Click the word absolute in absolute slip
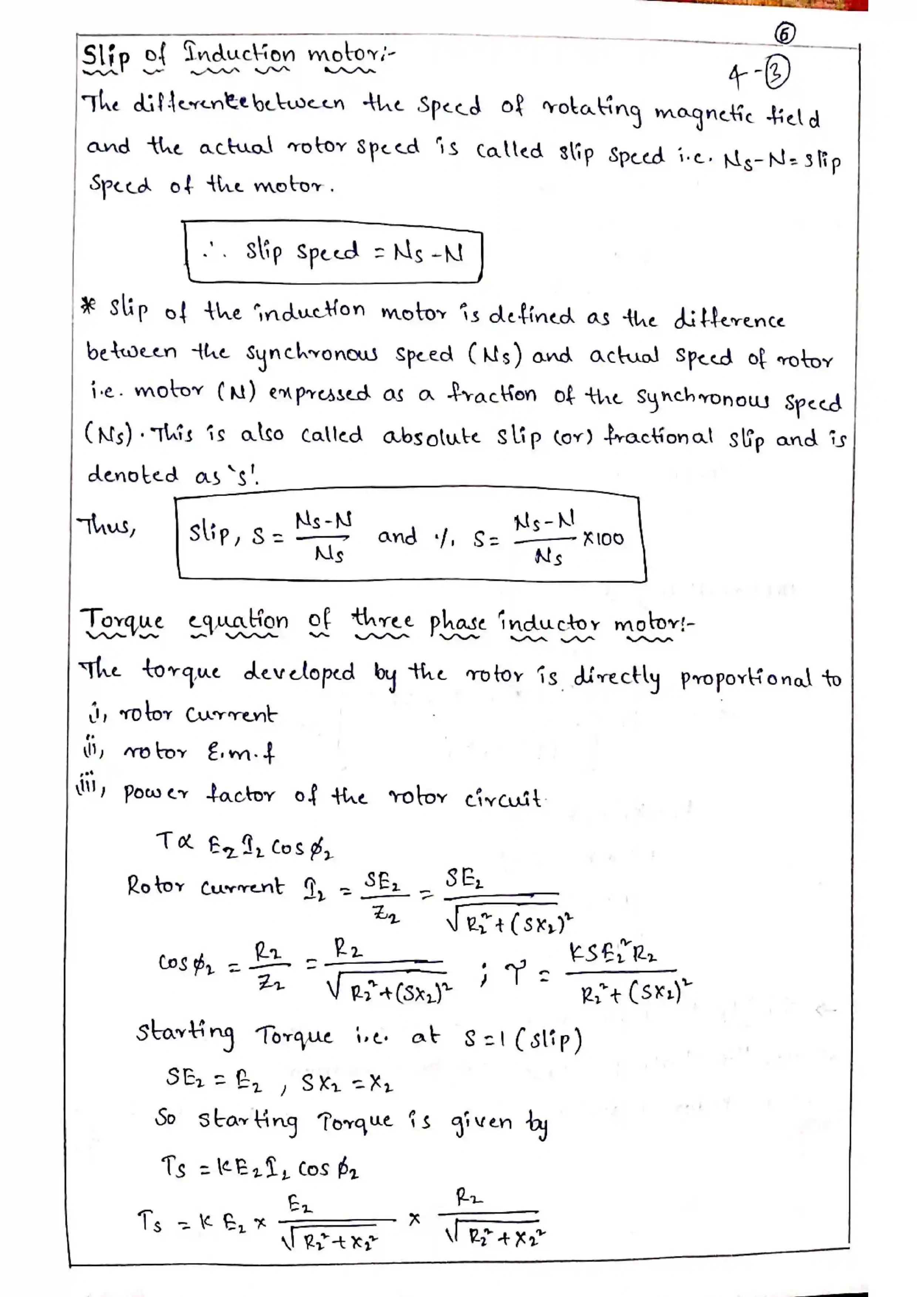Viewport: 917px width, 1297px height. coord(431,437)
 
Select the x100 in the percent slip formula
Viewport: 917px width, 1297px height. coord(603,538)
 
